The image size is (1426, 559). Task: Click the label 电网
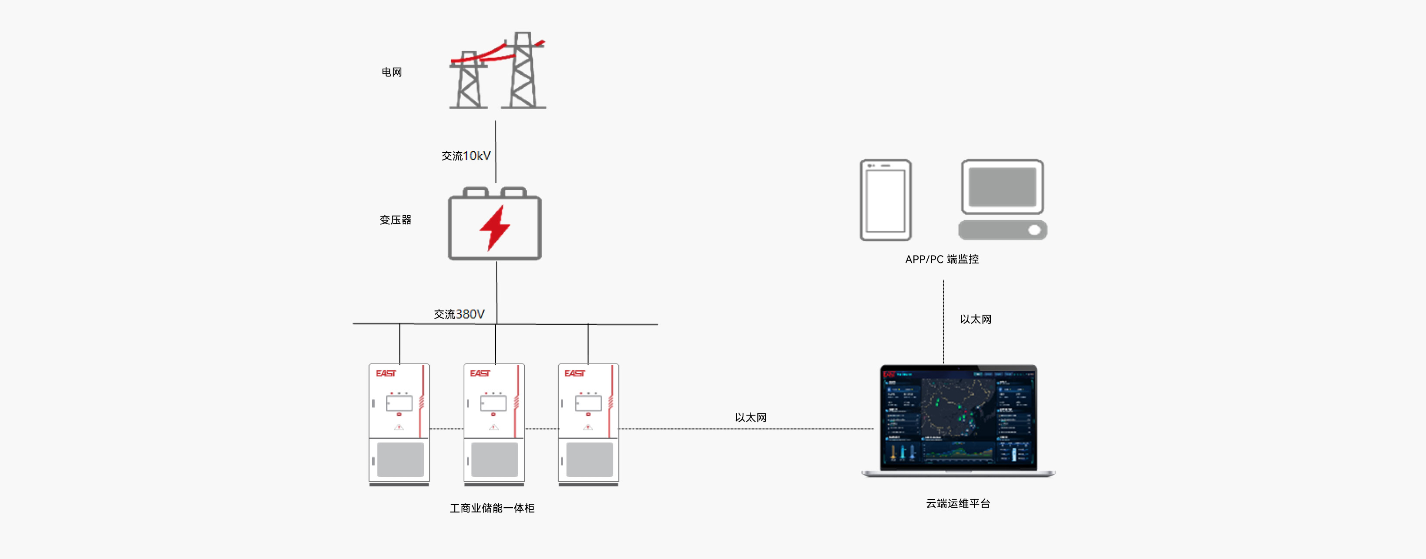point(391,72)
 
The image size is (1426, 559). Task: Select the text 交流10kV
point(466,156)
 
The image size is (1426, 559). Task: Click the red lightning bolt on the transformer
point(494,227)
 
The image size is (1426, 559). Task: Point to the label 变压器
point(395,220)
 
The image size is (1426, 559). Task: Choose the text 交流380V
point(459,314)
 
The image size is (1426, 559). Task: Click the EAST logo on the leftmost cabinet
point(386,373)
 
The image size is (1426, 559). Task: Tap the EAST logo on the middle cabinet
point(480,373)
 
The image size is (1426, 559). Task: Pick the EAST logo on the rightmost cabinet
point(574,373)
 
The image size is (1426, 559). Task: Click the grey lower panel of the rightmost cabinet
point(590,459)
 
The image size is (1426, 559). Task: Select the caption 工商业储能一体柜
point(492,508)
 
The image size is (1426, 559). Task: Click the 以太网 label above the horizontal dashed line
point(751,417)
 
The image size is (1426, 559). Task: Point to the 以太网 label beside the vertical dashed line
point(976,319)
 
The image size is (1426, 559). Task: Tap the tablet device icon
point(885,200)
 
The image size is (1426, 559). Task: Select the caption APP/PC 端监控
point(942,259)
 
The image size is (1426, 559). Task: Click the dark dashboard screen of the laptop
point(958,418)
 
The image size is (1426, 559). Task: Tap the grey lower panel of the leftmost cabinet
point(400,459)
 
